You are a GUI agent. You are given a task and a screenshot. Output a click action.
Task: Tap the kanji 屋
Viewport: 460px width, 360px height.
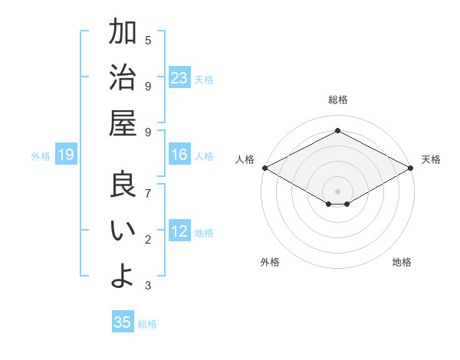(x=123, y=123)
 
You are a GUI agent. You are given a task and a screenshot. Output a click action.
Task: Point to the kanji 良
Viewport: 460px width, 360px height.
(x=123, y=185)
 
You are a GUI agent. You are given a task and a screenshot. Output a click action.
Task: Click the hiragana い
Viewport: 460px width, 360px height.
(x=123, y=231)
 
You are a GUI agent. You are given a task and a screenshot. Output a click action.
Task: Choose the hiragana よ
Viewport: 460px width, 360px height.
(x=123, y=276)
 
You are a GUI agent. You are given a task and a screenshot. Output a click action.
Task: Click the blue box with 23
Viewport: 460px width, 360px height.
(x=179, y=78)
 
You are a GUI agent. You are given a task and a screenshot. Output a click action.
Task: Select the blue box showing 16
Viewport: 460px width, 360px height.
(x=179, y=155)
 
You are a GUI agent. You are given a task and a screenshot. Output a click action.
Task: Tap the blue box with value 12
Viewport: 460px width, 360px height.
(x=179, y=232)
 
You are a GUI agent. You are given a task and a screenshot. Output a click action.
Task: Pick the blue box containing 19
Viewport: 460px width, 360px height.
(x=66, y=155)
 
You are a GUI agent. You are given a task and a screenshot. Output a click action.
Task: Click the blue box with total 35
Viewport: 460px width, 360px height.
(x=123, y=322)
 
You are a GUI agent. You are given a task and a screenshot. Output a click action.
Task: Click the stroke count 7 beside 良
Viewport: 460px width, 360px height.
(x=148, y=192)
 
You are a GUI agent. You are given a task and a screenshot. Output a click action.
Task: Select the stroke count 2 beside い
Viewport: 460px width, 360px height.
(x=148, y=240)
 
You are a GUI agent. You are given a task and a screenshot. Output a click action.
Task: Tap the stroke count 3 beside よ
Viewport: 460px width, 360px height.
(x=148, y=286)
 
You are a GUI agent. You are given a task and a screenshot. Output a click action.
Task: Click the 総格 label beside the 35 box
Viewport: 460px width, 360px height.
(x=147, y=324)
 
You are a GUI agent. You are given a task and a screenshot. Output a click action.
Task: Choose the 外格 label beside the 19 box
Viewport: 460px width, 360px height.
(x=41, y=156)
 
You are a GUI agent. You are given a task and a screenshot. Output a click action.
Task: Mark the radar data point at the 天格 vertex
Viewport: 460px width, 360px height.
(x=411, y=168)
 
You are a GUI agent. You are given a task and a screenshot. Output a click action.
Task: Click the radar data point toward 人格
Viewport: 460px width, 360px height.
(x=264, y=168)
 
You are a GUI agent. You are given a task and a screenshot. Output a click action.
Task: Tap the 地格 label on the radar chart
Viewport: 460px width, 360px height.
(x=402, y=262)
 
